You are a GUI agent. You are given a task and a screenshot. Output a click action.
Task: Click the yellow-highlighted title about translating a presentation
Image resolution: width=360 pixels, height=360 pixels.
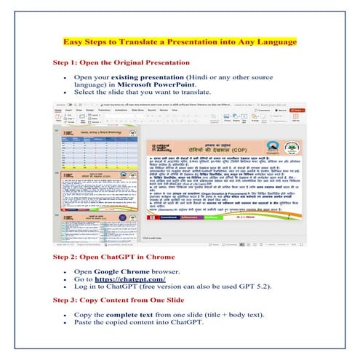coord(180,42)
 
